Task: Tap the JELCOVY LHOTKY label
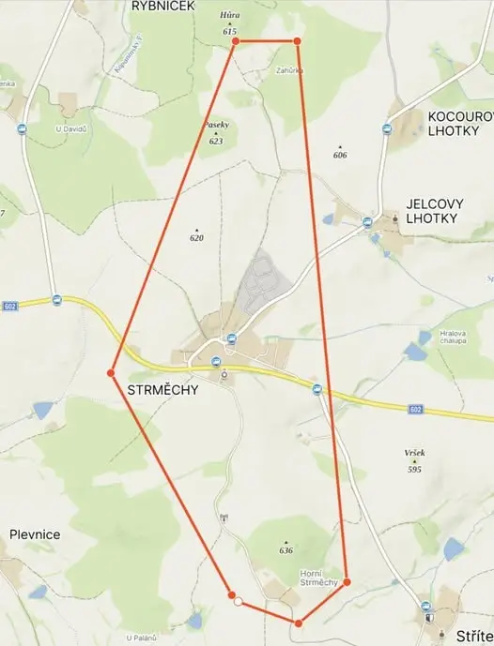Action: [431, 210]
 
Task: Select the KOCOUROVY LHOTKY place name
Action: [460, 123]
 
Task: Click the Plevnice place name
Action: [35, 534]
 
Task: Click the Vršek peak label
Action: [415, 454]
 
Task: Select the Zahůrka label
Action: [289, 70]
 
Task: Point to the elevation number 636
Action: [286, 550]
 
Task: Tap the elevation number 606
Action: [340, 155]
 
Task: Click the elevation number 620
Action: [196, 238]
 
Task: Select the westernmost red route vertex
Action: [111, 373]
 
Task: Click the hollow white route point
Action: [239, 601]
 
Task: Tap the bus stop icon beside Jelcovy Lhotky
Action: [367, 223]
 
